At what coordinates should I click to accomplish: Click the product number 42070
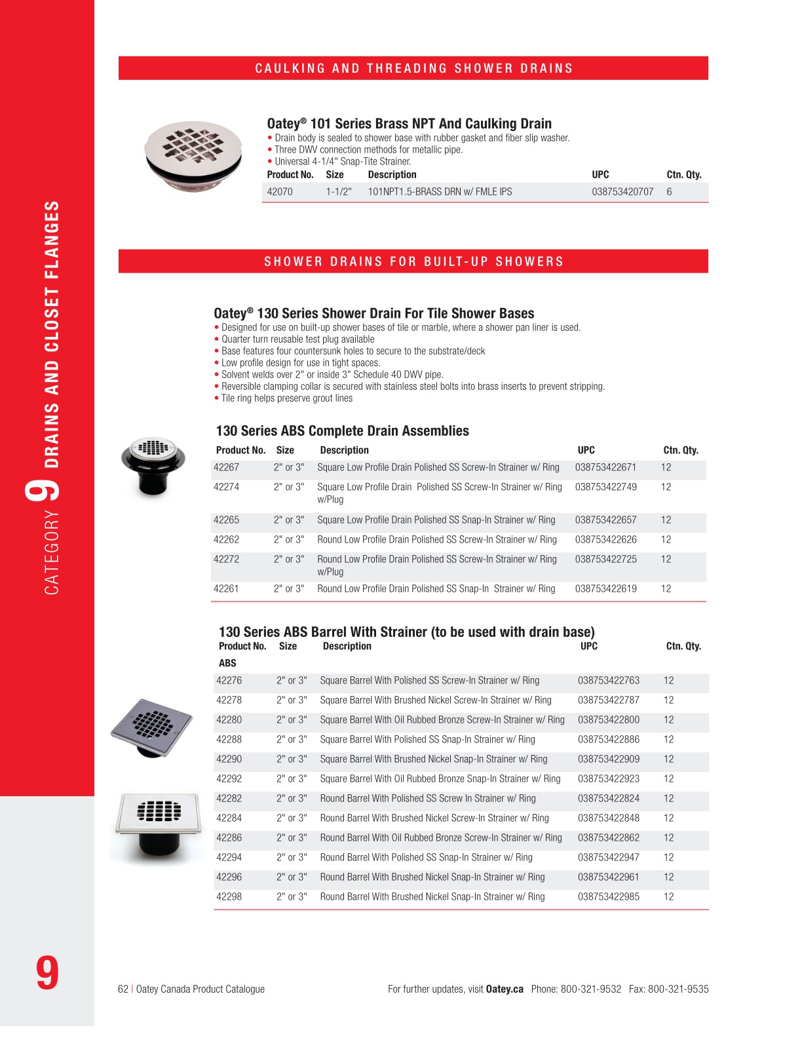tap(280, 192)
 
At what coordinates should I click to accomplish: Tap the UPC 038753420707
tap(622, 192)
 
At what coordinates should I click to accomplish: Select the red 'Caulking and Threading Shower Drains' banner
tap(413, 68)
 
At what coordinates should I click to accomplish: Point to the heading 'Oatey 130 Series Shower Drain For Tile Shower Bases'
tap(373, 313)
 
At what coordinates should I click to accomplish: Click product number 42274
tap(226, 487)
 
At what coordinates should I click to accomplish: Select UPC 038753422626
tap(605, 539)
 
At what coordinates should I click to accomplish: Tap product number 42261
tap(226, 588)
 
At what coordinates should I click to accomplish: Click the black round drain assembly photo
tap(153, 466)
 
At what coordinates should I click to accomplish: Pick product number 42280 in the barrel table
tap(229, 720)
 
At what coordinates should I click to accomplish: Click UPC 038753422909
tap(608, 759)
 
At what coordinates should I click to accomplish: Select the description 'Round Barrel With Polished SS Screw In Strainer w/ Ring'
tap(428, 798)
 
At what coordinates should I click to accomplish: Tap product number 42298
tap(229, 896)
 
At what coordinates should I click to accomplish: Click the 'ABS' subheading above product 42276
tap(227, 663)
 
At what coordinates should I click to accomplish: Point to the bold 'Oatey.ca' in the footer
tap(505, 989)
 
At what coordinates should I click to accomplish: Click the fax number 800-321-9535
tap(678, 989)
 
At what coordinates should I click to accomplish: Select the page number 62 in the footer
tap(123, 989)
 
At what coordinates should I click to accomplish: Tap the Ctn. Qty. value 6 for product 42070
tap(669, 192)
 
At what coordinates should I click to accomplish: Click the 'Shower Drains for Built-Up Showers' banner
tap(413, 261)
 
